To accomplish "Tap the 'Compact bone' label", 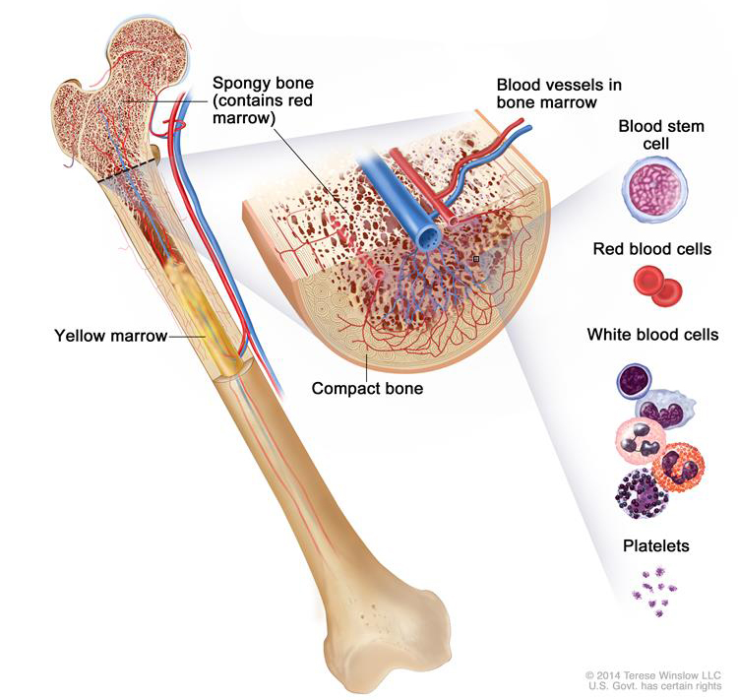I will coord(367,388).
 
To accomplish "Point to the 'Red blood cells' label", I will coord(651,249).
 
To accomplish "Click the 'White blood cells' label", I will coord(652,335).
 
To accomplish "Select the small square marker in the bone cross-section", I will coord(475,259).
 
